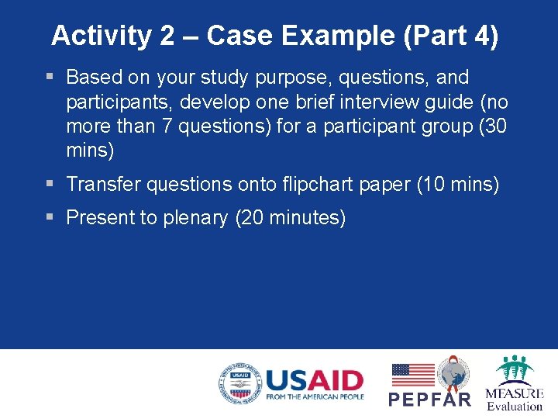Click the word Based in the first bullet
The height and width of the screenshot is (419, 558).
pyautogui.click(x=91, y=78)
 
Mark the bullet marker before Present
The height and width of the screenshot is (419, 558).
pyautogui.click(x=50, y=217)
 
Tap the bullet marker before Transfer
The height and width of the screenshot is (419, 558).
pyautogui.click(x=50, y=183)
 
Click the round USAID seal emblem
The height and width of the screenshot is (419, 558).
pyautogui.click(x=239, y=383)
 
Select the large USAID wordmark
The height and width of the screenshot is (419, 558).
pyautogui.click(x=314, y=380)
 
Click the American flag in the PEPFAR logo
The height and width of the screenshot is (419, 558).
pyautogui.click(x=413, y=375)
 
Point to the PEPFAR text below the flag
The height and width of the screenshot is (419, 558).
pyautogui.click(x=429, y=400)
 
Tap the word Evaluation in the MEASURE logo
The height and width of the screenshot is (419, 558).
pyautogui.click(x=515, y=406)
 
